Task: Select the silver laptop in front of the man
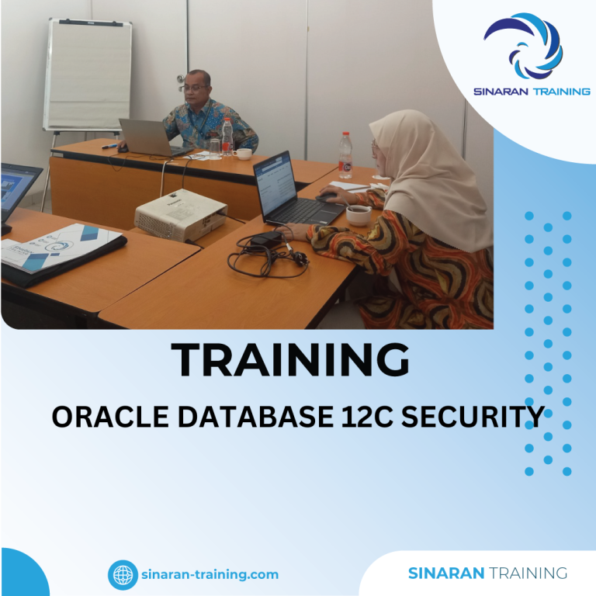click(144, 137)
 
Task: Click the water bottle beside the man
click(227, 137)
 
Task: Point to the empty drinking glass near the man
click(215, 145)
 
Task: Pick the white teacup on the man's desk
click(244, 154)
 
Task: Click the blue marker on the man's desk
click(109, 146)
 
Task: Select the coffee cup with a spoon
click(359, 215)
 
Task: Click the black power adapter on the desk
click(266, 237)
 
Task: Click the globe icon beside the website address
click(123, 575)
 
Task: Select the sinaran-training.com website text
click(210, 575)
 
